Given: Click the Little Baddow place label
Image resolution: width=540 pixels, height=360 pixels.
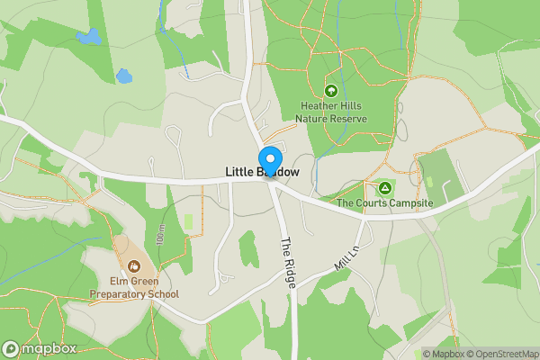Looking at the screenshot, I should (x=262, y=172).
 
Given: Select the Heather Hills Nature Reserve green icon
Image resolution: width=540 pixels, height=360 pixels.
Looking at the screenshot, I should (x=331, y=90).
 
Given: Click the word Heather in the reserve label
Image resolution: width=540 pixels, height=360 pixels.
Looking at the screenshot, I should (x=316, y=105).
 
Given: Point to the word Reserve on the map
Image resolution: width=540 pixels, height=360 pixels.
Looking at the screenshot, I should (x=347, y=118).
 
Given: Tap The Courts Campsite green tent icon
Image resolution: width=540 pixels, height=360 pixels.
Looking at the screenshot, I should (x=385, y=187).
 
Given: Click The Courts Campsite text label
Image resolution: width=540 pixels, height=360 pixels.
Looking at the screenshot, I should (x=385, y=203).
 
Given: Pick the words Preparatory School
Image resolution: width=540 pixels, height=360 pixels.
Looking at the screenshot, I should (x=134, y=294).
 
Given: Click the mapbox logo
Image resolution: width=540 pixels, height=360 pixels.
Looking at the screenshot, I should (x=39, y=349).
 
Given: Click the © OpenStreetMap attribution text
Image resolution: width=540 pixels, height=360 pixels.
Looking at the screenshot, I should (x=503, y=354).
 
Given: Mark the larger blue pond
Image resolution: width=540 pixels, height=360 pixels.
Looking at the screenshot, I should (x=89, y=37).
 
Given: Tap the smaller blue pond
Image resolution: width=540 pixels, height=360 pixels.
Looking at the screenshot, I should (x=123, y=76).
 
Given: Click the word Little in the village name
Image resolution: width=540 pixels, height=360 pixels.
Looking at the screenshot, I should (x=239, y=172).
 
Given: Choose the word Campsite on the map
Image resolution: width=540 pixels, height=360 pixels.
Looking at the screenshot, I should (x=411, y=203).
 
